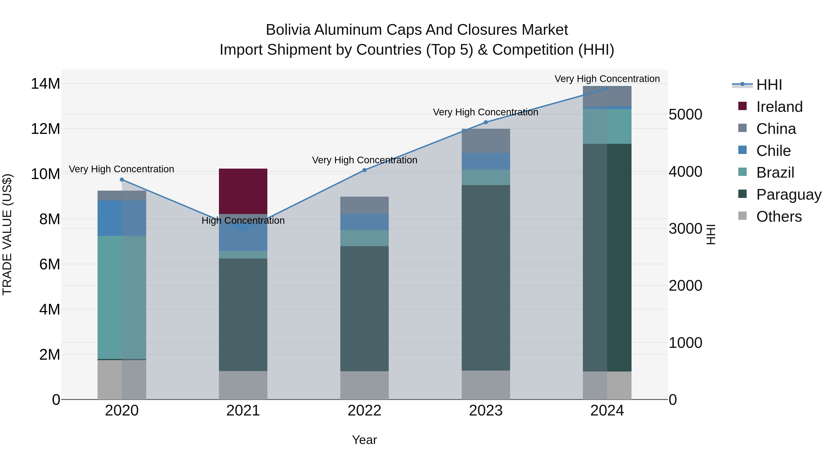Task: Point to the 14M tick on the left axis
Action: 45,84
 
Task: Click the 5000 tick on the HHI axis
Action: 686,115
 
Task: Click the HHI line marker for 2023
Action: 486,122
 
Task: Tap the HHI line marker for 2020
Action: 122,180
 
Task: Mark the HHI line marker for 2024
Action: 607,89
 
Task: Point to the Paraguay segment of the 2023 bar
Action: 486,278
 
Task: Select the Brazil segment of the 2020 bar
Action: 122,297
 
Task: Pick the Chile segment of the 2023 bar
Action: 486,161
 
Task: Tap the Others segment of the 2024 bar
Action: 607,385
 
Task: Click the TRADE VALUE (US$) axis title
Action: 7,234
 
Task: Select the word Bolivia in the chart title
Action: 288,30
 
